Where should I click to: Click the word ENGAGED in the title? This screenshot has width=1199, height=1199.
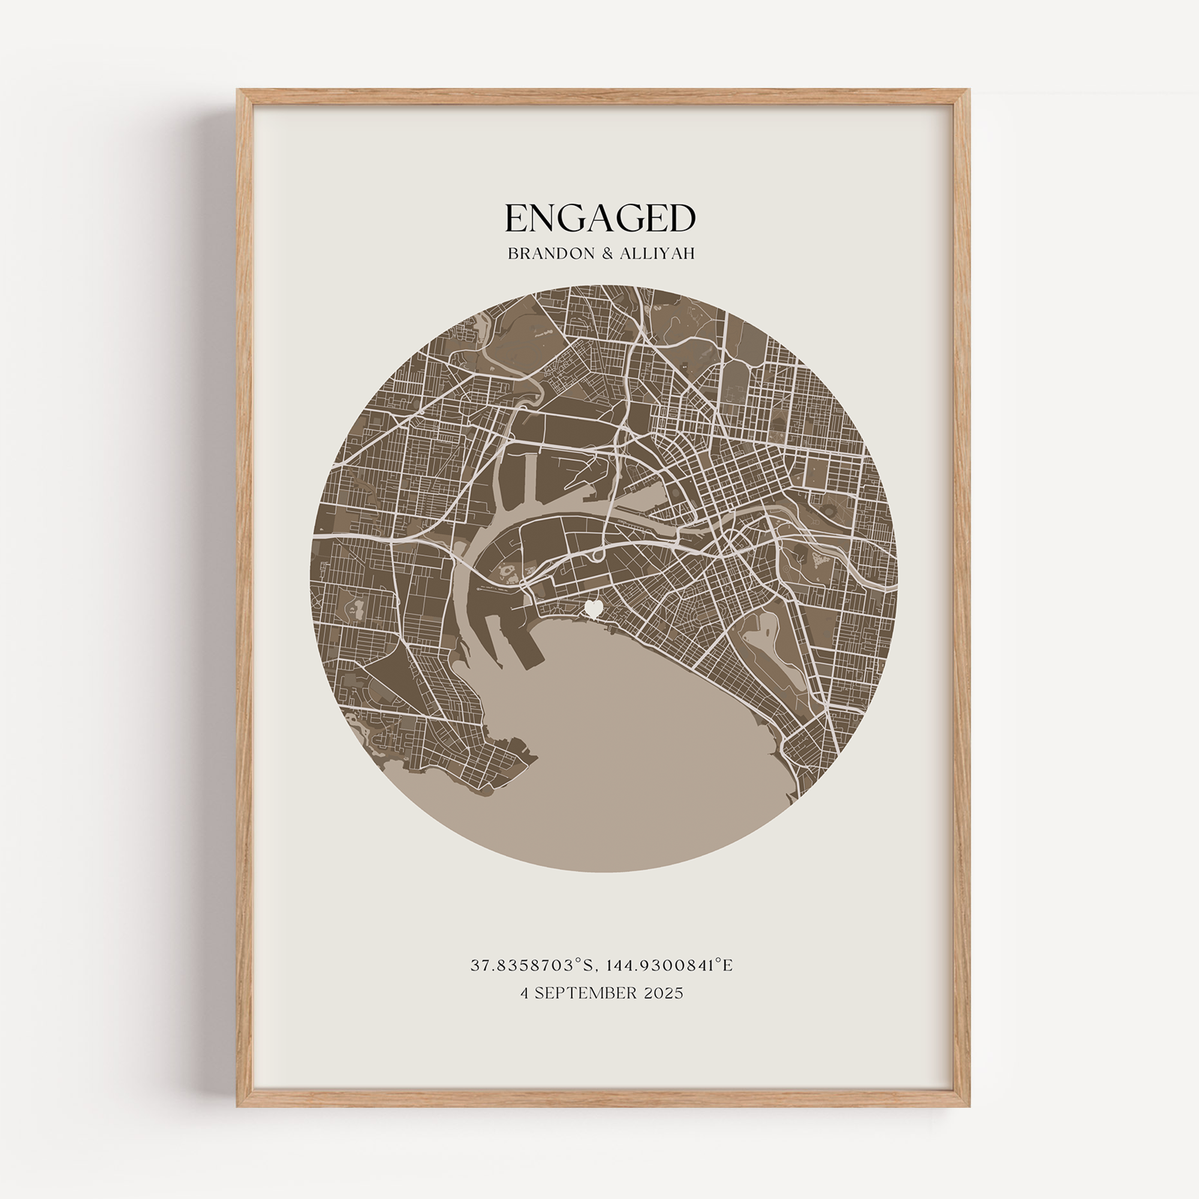[599, 218]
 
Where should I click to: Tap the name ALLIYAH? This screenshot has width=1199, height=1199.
[657, 254]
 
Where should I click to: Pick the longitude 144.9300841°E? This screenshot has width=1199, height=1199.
[669, 966]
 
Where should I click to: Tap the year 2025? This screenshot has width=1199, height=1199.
[664, 993]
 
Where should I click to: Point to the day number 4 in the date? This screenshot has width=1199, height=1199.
[525, 993]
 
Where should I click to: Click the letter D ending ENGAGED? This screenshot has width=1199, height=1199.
[683, 218]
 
